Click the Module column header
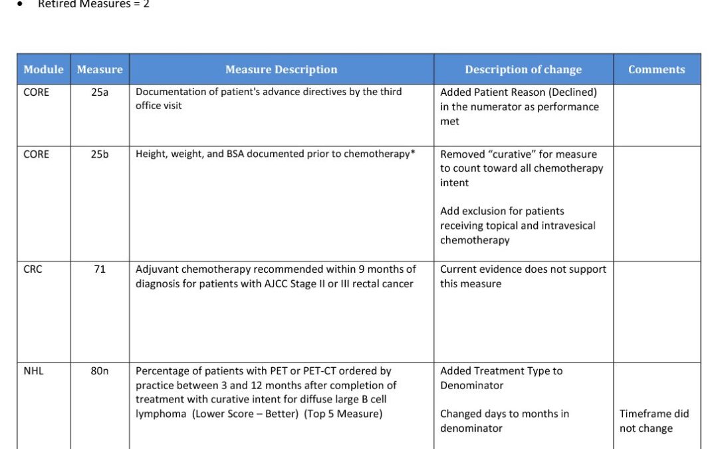coord(43,69)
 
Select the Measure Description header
coord(281,69)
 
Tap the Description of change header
coord(523,69)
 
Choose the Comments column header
coord(656,69)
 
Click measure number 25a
coord(100,92)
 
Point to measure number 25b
coord(100,154)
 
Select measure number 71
coord(100,269)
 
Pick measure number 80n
coord(100,371)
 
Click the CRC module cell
coord(33,269)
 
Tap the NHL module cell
coord(33,371)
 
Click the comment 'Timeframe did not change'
coord(654,421)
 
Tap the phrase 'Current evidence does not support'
coord(523,269)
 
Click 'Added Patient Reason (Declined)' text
coord(519,92)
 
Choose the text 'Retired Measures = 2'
coord(94,5)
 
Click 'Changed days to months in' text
coord(505,414)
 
